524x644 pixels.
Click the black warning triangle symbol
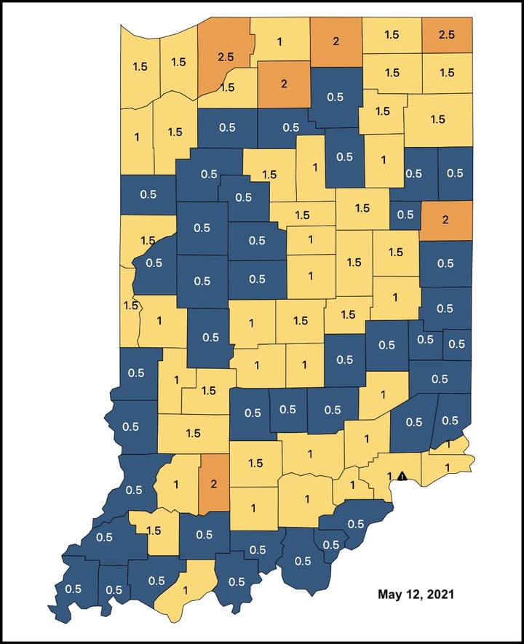point(401,476)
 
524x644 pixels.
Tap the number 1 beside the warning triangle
point(390,477)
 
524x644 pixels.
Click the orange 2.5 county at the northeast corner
point(447,35)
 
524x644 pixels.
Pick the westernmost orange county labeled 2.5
point(224,55)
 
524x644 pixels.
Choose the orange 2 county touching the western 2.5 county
point(284,82)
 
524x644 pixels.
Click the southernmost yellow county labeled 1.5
point(154,531)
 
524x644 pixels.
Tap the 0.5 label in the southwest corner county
point(73,588)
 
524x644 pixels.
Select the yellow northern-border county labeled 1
point(280,42)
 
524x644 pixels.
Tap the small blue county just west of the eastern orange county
point(405,215)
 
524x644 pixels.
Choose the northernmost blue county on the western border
point(148,194)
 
